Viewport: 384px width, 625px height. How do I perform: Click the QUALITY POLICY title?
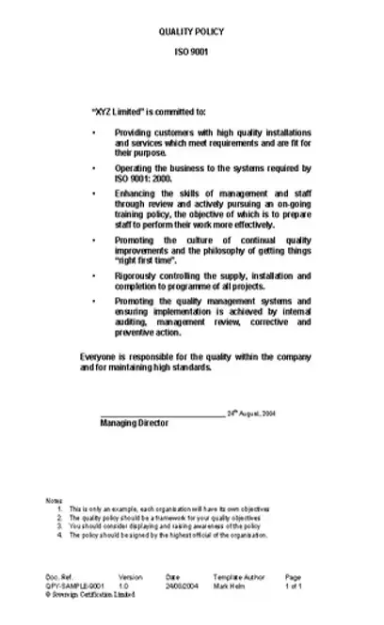(192, 31)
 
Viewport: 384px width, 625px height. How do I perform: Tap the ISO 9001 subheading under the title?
(192, 53)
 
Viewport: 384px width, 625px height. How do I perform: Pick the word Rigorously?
(138, 276)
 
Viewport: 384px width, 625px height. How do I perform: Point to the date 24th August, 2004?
(252, 413)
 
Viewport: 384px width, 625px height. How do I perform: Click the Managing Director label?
(134, 424)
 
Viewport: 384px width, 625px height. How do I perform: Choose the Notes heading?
(54, 500)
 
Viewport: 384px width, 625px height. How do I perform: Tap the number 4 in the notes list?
(59, 535)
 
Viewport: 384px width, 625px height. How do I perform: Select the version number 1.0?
(123, 584)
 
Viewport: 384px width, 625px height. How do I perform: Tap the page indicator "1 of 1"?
(294, 584)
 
